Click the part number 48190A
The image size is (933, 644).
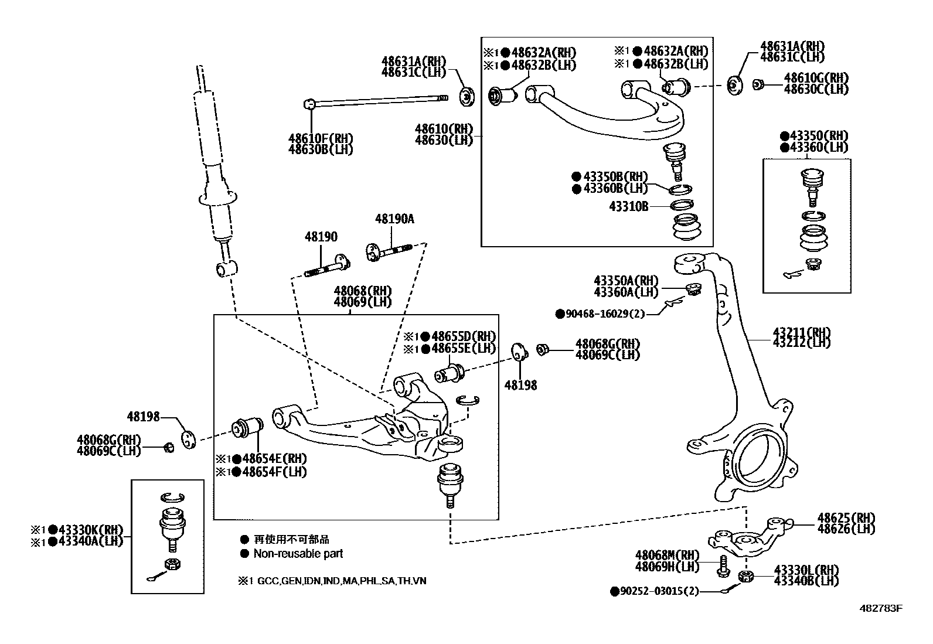point(394,219)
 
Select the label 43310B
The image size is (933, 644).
point(629,206)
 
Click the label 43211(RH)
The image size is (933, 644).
point(801,332)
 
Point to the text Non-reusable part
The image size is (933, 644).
point(298,554)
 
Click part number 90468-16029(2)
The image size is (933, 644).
point(604,314)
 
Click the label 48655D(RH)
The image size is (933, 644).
point(463,336)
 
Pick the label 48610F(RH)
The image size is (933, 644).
point(321,139)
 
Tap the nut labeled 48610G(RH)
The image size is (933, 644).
point(757,84)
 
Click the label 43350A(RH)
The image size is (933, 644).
point(625,281)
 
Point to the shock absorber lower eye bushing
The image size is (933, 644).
point(226,269)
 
